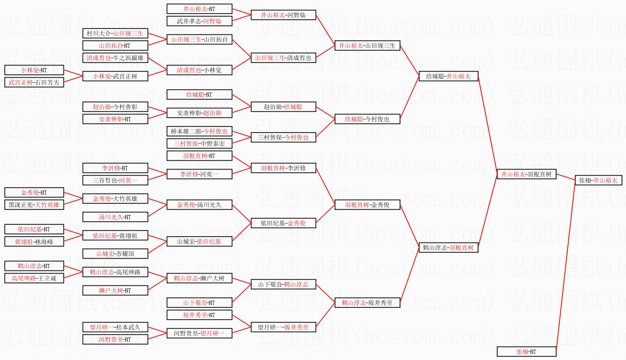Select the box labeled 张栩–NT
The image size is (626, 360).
(x=526, y=352)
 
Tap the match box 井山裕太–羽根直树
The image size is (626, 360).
(x=526, y=174)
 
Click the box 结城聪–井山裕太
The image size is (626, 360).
(x=448, y=76)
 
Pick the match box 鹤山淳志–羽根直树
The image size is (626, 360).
(x=448, y=248)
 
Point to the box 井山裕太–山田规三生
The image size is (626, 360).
(x=367, y=46)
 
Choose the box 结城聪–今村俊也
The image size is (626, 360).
(x=367, y=119)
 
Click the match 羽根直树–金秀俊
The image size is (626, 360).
(x=367, y=205)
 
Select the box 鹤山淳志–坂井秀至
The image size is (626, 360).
(x=367, y=303)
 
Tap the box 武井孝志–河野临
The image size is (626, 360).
(x=199, y=21)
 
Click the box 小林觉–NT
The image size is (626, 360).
(x=34, y=70)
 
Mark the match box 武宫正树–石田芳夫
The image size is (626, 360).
(x=34, y=82)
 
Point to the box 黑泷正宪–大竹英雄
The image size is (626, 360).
(x=34, y=205)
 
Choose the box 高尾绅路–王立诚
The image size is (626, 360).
(x=34, y=278)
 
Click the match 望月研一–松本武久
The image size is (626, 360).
(x=115, y=327)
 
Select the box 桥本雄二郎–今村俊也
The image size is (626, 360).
(x=199, y=131)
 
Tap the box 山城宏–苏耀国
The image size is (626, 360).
(x=115, y=254)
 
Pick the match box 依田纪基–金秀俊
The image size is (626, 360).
(x=283, y=223)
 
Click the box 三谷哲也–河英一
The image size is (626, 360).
(x=115, y=180)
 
